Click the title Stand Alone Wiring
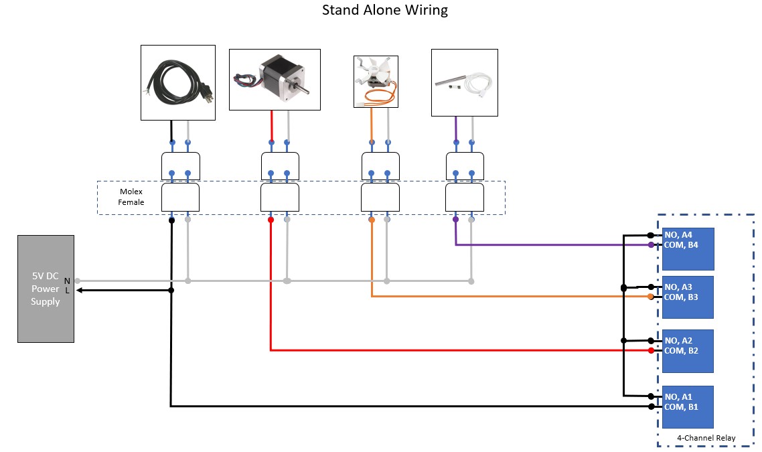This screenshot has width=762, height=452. tap(384, 10)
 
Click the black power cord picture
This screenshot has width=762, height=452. tap(177, 82)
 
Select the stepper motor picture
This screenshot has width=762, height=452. tap(275, 79)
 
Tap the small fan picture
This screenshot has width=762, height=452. tap(375, 82)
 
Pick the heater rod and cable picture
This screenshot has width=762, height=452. tap(464, 82)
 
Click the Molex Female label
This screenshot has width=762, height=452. tap(131, 197)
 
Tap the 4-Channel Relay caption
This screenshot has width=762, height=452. tap(706, 438)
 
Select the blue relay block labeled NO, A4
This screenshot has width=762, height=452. tap(688, 248)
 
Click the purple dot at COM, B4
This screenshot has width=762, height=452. tap(651, 245)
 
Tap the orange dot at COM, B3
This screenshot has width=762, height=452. tap(651, 297)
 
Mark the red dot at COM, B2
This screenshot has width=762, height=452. tap(651, 350)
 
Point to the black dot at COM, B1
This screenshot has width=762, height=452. tap(651, 406)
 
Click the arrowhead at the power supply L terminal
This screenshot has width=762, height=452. tap(80, 290)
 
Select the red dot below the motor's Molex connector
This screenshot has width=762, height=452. tap(271, 220)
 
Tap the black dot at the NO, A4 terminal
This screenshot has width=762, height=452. tap(651, 235)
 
